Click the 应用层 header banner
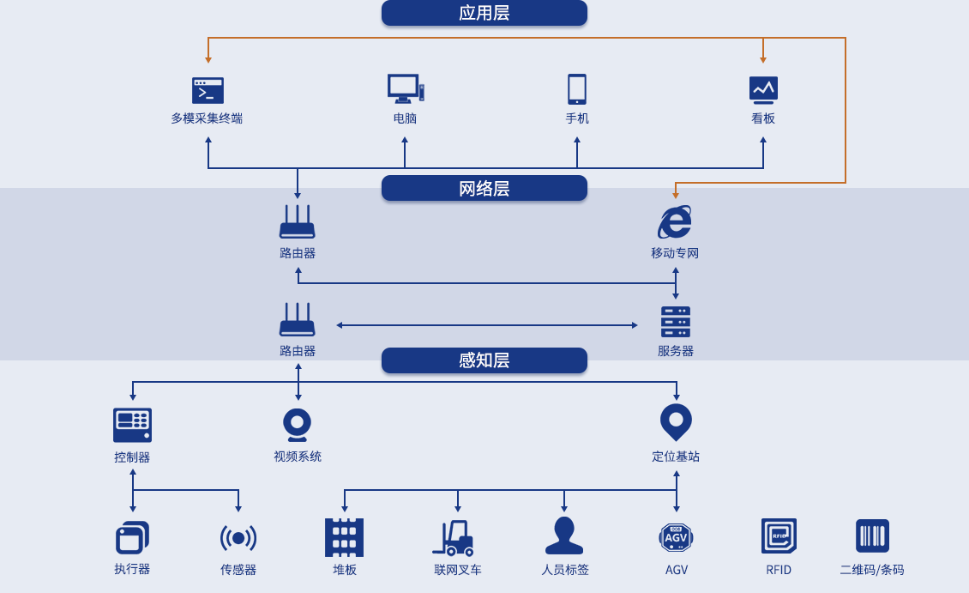point(484,13)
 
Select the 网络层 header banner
point(484,188)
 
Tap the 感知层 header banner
point(484,360)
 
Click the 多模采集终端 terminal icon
point(208,90)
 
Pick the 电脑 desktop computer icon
point(405,88)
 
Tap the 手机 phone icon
point(577,89)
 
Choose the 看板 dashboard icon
point(763,89)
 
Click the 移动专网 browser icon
point(675,222)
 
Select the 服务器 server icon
point(676,322)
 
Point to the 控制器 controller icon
point(132,425)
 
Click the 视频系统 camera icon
point(298,425)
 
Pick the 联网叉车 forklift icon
point(454,538)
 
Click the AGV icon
point(676,537)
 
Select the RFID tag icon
point(779,536)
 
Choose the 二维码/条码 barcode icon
point(872,536)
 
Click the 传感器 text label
point(238,570)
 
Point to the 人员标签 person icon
point(564,536)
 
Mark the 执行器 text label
point(132,569)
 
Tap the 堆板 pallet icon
point(345,537)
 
